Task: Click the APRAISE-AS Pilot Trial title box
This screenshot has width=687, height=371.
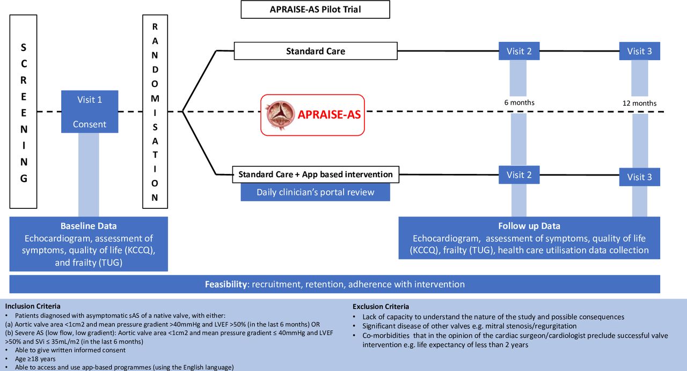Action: tap(315, 10)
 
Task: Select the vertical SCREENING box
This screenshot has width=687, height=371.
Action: tap(23, 112)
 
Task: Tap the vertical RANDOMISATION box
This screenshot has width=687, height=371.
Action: tap(155, 112)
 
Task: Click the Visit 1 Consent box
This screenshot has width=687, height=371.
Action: tap(90, 112)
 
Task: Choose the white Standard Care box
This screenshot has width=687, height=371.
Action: tap(316, 51)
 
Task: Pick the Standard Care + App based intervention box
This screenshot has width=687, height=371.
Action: tap(316, 174)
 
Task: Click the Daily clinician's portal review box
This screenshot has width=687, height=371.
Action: tap(315, 192)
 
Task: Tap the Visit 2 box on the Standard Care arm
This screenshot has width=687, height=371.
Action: tap(519, 51)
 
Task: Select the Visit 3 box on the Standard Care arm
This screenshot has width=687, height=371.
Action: tap(639, 51)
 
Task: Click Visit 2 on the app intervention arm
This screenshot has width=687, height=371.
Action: tap(519, 175)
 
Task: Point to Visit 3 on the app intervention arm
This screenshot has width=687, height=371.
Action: tap(639, 177)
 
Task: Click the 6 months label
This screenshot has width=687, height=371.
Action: tap(519, 103)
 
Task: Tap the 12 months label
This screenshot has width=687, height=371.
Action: tap(639, 104)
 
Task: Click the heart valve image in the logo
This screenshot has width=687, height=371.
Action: tap(280, 115)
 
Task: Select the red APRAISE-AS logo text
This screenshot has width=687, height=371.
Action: tap(329, 114)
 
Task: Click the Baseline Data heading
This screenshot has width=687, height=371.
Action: tap(89, 226)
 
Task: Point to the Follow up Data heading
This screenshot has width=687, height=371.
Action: tap(529, 226)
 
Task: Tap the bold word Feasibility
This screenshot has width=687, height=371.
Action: tap(226, 285)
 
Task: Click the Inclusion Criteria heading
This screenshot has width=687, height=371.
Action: tap(33, 306)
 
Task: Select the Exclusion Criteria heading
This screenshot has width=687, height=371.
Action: tap(381, 307)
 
